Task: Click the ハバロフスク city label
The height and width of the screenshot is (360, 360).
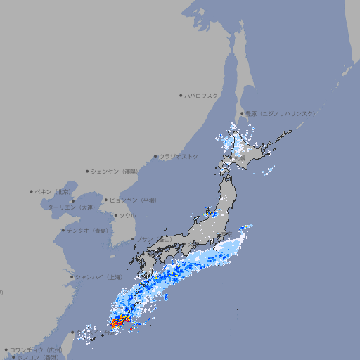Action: click(x=202, y=95)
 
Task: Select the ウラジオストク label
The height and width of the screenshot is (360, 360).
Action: click(x=179, y=156)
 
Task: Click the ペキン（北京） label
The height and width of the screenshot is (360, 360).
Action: click(x=54, y=191)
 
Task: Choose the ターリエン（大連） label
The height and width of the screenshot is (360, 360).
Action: click(x=71, y=208)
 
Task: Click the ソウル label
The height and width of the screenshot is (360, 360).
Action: click(x=127, y=215)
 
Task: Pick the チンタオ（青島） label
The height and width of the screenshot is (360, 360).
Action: click(x=87, y=230)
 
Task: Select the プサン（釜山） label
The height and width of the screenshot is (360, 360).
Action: click(x=153, y=239)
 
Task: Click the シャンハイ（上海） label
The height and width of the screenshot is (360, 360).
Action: click(x=98, y=277)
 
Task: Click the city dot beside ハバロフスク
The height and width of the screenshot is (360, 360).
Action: click(x=181, y=95)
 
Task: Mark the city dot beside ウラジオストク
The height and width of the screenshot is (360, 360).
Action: click(x=155, y=156)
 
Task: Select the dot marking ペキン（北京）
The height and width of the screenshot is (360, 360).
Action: click(x=32, y=191)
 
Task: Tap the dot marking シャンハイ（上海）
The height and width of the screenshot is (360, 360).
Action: click(x=72, y=277)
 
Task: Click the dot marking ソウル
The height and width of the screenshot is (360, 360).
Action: click(x=115, y=215)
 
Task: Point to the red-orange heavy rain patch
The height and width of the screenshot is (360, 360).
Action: click(x=117, y=323)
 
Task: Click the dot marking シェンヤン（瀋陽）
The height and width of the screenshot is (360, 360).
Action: click(x=88, y=171)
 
